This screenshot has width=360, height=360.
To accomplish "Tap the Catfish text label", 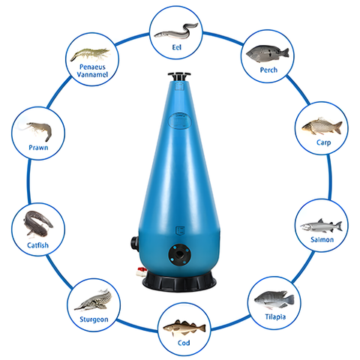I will click(37, 244).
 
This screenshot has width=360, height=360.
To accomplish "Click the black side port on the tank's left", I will click(132, 244).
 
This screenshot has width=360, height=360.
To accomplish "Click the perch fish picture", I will click(268, 53).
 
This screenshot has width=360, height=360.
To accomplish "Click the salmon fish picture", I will click(321, 226).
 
